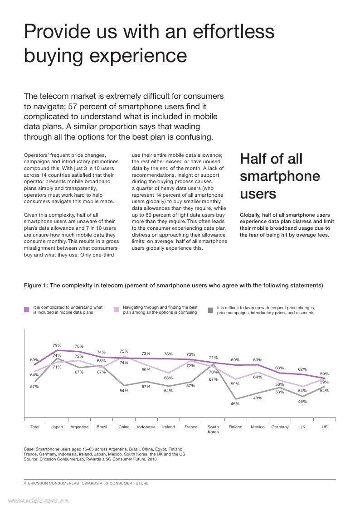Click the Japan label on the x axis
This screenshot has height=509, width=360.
[x=57, y=427]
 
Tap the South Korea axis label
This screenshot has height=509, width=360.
[x=213, y=430]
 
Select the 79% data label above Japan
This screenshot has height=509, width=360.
[x=57, y=345]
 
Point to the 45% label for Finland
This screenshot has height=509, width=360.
[x=235, y=404]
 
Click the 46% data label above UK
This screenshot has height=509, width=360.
[x=302, y=402]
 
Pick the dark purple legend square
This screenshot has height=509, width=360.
[x=27, y=310]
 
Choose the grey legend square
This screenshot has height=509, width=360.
[x=210, y=310]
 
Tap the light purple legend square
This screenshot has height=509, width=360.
[x=116, y=310]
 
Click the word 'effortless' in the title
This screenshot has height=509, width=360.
[x=234, y=31]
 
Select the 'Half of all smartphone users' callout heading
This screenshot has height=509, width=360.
[x=280, y=176]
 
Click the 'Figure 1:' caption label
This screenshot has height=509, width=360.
[x=36, y=286]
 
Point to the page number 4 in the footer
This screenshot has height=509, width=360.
[x=25, y=483]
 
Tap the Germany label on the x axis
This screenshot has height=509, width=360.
[x=280, y=427]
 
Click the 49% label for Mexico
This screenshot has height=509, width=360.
[x=258, y=398]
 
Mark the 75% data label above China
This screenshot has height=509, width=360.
[x=124, y=351]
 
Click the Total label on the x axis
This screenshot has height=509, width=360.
[x=35, y=427]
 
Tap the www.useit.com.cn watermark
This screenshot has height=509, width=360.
[x=38, y=501]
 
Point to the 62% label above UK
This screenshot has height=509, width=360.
[x=302, y=369]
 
